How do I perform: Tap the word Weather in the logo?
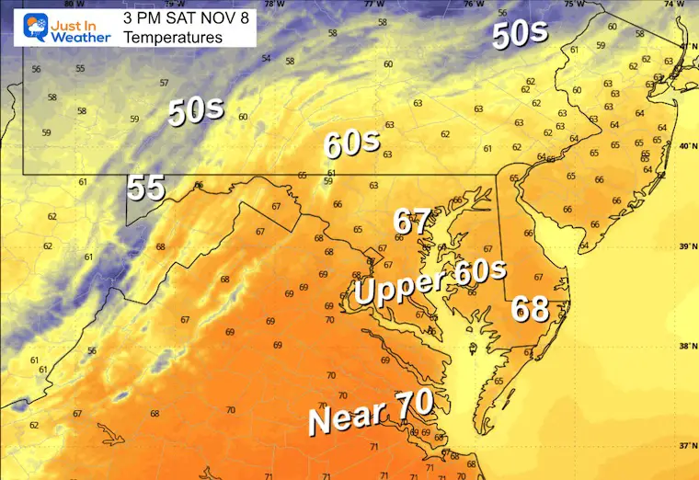(80, 37)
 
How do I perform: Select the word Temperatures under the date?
(172, 39)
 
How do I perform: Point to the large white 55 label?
(145, 188)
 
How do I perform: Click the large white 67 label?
(412, 222)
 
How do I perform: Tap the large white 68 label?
(532, 307)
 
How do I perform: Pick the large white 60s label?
(350, 143)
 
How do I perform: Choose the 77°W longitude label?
(375, 5)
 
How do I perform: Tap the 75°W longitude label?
(574, 5)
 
